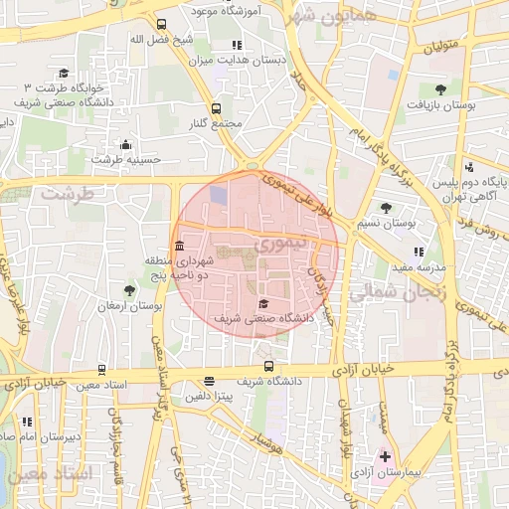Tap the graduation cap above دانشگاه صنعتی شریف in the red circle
263,303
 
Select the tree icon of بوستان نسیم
386,208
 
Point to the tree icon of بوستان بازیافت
440,88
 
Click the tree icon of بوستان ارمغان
129,290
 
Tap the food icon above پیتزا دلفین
209,381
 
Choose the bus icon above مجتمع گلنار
217,109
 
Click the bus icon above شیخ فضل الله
161,24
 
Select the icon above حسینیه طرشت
124,144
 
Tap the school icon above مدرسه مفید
419,253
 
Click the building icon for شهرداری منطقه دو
178,246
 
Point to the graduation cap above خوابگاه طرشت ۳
64,73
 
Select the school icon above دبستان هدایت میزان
237,45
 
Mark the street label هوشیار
268,438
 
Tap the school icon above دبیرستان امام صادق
26,422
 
